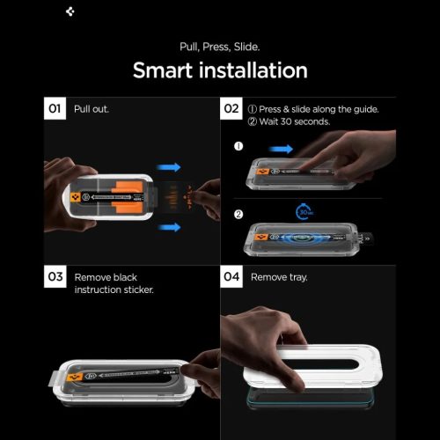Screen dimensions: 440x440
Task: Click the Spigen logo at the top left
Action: tap(70, 13)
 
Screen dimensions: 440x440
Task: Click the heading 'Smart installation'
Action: tap(220, 70)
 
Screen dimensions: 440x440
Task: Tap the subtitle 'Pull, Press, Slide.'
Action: tap(220, 45)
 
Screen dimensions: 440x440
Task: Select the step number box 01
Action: tap(54, 109)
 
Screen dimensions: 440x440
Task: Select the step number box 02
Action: tap(231, 109)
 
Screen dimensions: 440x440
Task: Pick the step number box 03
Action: tap(54, 277)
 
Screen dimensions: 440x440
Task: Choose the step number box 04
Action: tap(231, 277)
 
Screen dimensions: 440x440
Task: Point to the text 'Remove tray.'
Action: tap(281, 277)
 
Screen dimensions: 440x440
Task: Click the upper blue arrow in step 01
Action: tap(169, 166)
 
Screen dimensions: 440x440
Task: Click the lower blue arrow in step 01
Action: tap(169, 227)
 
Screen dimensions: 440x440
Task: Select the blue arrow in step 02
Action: tap(282, 150)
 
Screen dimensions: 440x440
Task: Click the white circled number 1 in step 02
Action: tap(238, 144)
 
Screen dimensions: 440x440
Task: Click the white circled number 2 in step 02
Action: tap(238, 213)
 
